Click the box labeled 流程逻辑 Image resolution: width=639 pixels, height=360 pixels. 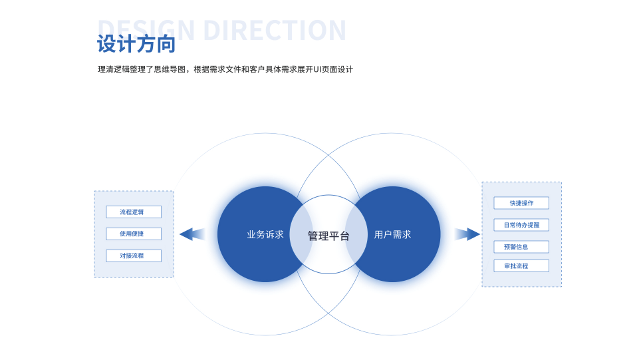point(134,212)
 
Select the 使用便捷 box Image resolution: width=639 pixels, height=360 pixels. point(134,234)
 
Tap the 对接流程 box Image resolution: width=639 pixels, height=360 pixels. point(134,256)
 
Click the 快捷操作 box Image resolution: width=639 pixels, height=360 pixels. point(521,203)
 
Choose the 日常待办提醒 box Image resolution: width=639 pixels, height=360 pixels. point(521,225)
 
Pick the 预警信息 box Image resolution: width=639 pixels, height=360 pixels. point(521,247)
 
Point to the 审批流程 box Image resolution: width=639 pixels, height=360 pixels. point(521,266)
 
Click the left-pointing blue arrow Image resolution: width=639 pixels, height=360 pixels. point(191,234)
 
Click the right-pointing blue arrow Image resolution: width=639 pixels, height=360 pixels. point(468,234)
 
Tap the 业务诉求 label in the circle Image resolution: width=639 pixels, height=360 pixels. point(265,235)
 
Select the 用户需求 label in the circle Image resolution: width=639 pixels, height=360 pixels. point(392,235)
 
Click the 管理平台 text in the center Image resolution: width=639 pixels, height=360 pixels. point(328,236)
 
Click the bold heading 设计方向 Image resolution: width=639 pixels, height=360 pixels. point(136,45)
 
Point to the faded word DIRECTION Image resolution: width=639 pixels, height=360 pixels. point(274,31)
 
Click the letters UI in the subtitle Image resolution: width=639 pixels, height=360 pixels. point(318,69)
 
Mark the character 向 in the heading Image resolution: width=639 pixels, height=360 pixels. point(166,45)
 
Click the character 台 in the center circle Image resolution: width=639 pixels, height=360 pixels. point(344,236)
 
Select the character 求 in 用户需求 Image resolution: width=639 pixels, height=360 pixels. point(406,235)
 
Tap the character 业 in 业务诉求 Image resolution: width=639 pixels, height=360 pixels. point(251,235)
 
